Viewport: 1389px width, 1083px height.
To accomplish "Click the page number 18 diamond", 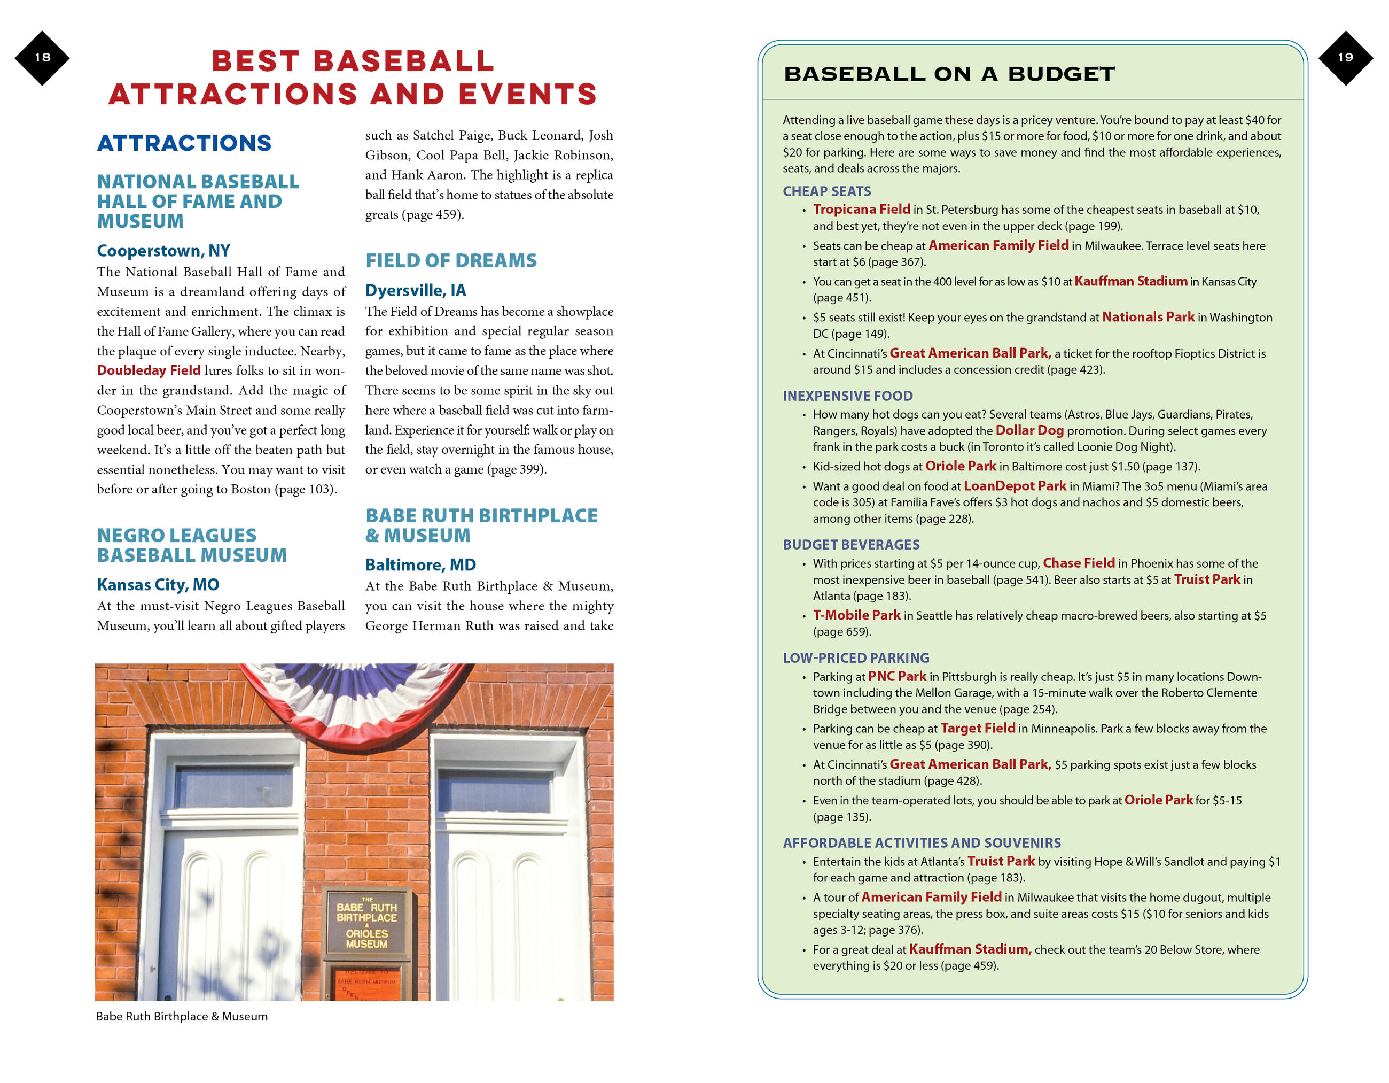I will pos(42,58).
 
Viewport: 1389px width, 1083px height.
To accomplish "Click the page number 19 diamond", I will pos(1345,58).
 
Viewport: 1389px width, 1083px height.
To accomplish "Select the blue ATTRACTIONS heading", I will pos(184,143).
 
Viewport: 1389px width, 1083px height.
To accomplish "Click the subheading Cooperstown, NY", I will pos(163,251).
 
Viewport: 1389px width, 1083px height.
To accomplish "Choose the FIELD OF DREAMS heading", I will pos(450,261).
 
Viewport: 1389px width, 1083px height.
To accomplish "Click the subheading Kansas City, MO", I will pos(158,585).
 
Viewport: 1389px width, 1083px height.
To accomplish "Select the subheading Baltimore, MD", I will pos(420,565).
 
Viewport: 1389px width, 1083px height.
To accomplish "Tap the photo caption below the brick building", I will pos(181,1017).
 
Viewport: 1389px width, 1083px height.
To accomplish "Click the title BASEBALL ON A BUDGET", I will pos(949,74).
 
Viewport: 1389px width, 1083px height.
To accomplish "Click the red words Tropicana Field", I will pos(861,210).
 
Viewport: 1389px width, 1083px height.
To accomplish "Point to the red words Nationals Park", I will pos(1148,317).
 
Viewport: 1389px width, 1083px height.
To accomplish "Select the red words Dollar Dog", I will pos(1029,431).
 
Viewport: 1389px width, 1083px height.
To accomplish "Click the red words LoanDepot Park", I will pos(1015,486).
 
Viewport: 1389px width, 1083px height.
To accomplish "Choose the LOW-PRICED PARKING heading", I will pos(855,658).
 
